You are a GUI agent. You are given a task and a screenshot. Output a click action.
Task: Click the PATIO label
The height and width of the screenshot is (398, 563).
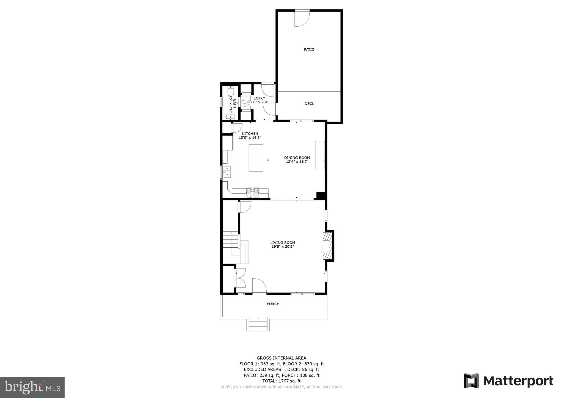pos(309,49)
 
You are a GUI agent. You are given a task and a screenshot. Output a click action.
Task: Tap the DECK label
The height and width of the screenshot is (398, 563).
pos(309,104)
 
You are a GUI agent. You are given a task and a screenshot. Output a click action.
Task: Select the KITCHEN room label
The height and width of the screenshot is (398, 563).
pos(250,134)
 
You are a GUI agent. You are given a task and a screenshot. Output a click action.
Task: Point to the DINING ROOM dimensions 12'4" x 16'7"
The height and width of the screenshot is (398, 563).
pos(297,162)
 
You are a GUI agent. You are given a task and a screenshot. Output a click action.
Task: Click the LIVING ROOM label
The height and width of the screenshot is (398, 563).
pos(283,242)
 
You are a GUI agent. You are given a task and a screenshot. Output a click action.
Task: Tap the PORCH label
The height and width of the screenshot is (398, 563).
pos(273,304)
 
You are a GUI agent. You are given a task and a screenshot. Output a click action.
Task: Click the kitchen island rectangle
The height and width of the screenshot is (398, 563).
pos(256,158)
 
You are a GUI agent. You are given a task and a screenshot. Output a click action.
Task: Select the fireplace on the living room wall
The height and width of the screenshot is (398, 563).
pos(327,246)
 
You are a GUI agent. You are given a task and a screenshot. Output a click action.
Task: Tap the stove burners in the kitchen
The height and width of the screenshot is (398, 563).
pos(252,192)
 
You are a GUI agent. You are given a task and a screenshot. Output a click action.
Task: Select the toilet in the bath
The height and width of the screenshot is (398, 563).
pos(230,90)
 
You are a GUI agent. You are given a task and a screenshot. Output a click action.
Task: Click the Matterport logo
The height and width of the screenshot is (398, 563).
pos(508,381)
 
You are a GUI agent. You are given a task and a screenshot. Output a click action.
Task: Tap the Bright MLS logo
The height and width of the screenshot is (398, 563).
pos(32,387)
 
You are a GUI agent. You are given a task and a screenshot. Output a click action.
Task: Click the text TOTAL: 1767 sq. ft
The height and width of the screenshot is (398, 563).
pos(281,381)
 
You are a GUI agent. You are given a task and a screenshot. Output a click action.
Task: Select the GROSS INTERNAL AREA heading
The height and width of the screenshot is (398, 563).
pos(281,358)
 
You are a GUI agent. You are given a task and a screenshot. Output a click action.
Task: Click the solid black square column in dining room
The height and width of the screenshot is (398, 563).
pos(320,195)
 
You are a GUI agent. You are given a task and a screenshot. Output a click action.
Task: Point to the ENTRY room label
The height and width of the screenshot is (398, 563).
pos(259,98)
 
